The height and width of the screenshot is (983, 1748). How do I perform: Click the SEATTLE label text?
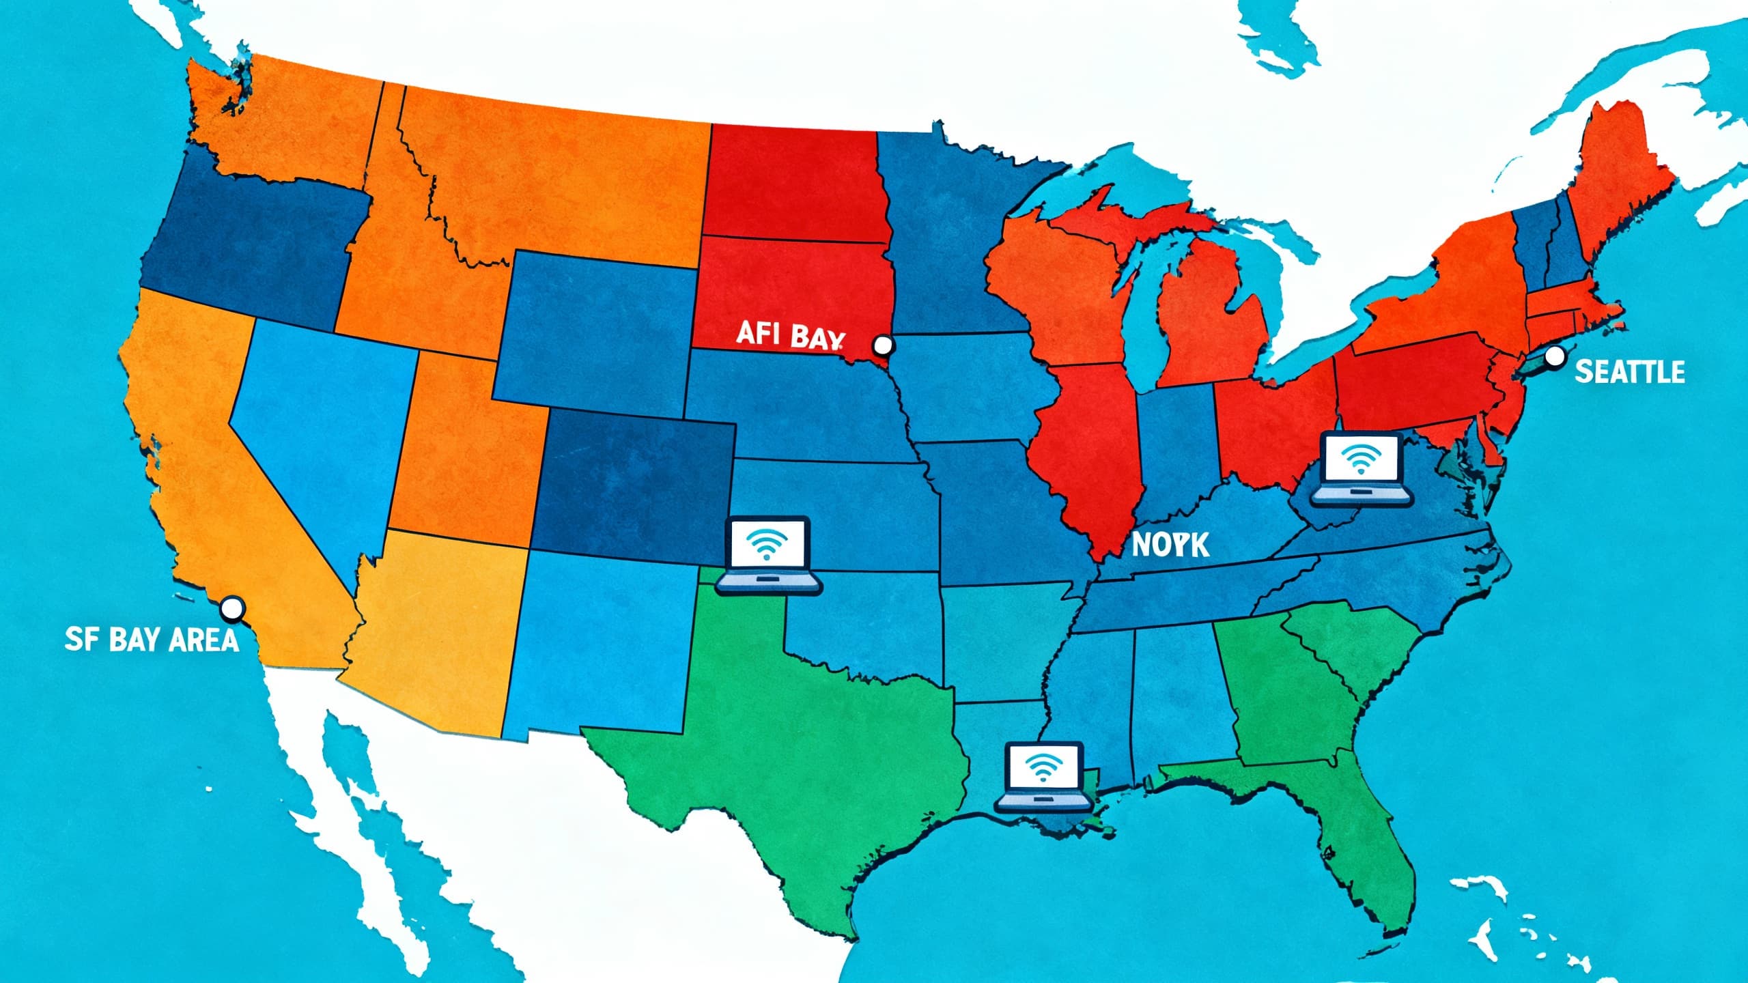(1629, 372)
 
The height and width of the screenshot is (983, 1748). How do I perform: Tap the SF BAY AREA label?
(152, 640)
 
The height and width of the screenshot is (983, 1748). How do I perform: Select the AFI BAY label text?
(789, 334)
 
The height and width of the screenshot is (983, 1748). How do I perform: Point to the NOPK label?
(1170, 544)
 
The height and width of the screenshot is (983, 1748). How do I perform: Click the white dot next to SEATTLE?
(1555, 356)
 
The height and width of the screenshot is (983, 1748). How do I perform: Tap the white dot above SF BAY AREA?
(233, 608)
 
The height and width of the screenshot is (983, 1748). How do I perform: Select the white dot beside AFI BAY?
(883, 345)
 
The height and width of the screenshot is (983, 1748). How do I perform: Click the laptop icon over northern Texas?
(770, 555)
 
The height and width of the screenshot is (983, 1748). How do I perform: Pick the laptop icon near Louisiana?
(1043, 778)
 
